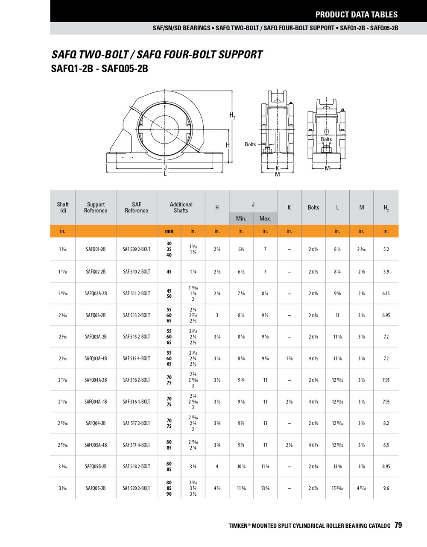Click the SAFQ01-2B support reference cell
tap(96, 250)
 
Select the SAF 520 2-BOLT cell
tap(136, 488)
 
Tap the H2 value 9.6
tap(386, 488)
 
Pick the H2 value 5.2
tap(386, 250)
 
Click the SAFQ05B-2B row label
tap(96, 467)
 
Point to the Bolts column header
tap(313, 207)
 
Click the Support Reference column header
tap(96, 207)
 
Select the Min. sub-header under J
tap(241, 218)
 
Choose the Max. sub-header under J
tap(265, 218)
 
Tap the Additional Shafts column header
tap(181, 207)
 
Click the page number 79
tap(398, 525)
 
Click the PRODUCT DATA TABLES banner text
tap(356, 15)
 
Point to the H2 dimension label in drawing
tap(232, 115)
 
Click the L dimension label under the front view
tap(165, 174)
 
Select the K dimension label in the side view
tap(277, 168)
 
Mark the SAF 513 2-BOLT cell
tap(136, 315)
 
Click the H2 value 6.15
tap(386, 294)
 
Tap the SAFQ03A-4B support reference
tap(96, 359)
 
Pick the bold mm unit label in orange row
tap(169, 231)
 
